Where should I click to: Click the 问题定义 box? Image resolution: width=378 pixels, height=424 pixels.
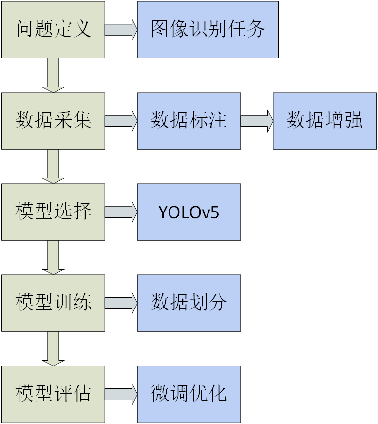pos(53,30)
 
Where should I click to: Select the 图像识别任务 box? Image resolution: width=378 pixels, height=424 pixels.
pos(208,30)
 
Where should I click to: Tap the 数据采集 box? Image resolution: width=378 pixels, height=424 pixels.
pos(53,121)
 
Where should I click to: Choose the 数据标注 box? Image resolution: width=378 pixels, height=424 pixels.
pos(189,121)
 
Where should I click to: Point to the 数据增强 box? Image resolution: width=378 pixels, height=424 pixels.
pos(324,121)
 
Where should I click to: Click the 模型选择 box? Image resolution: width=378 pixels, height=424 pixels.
pos(53,212)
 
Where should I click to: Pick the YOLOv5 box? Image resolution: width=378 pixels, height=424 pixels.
pos(189,212)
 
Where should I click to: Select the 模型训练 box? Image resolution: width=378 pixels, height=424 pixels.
pos(53,303)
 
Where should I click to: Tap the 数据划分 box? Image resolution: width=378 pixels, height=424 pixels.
pos(189,303)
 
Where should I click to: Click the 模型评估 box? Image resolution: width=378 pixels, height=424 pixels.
pos(53,394)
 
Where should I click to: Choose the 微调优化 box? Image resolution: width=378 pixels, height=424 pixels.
pos(189,394)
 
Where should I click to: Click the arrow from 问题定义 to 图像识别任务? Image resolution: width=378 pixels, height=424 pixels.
pos(121,30)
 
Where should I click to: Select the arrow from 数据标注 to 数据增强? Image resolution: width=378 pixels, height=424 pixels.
pos(257,121)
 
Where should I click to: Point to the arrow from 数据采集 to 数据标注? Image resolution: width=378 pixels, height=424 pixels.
pos(121,121)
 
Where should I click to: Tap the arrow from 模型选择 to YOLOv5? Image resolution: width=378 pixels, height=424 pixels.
pos(121,212)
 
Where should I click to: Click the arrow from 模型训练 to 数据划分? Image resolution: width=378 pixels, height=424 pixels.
pos(121,303)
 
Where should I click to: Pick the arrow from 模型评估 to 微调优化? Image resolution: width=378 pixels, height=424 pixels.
pos(121,394)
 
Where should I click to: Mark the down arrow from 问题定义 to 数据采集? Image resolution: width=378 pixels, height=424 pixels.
pos(53,75)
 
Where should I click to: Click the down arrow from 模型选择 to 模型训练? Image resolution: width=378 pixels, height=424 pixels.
pos(53,257)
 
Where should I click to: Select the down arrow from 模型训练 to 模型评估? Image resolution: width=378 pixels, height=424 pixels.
pos(53,348)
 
